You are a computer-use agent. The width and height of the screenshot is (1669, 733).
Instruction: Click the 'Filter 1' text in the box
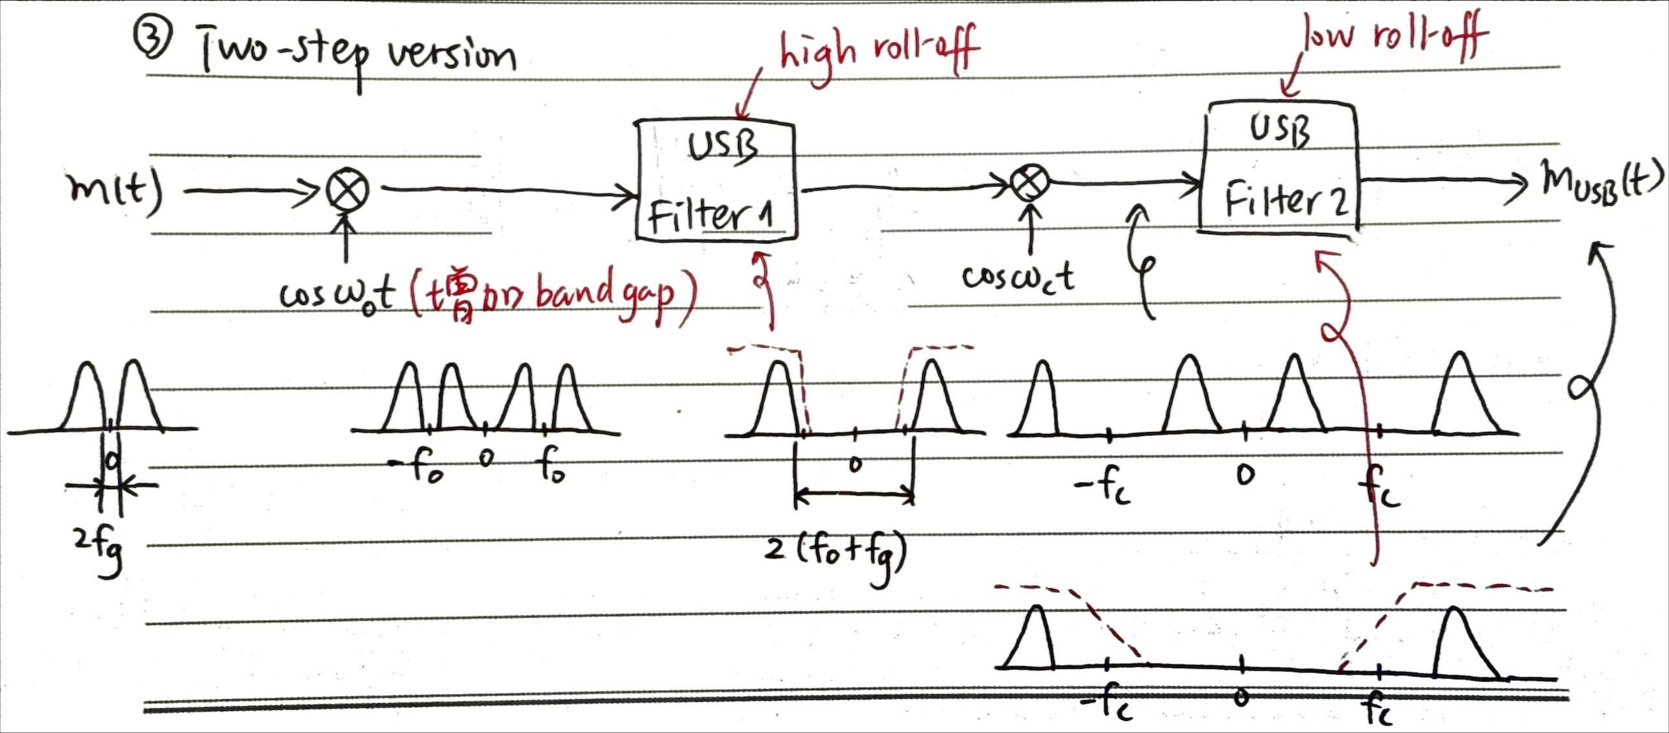pos(711,215)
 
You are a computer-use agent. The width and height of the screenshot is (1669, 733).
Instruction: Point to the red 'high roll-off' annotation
pos(879,47)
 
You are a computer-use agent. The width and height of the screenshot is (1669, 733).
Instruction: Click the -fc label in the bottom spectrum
pos(1108,708)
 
